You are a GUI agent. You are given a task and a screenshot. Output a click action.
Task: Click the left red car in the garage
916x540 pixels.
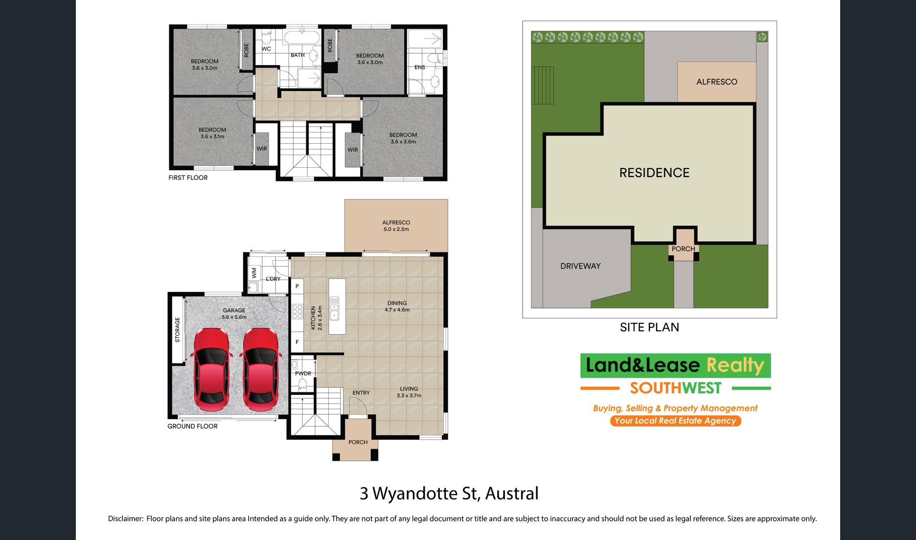(211, 370)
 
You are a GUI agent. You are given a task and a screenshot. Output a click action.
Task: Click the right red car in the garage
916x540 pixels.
(261, 370)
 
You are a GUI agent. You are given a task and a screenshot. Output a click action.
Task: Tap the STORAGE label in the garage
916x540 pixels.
(178, 330)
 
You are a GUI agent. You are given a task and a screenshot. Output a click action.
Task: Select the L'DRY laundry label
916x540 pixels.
(273, 279)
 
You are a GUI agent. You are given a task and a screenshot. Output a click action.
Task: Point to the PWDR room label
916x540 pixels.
(303, 374)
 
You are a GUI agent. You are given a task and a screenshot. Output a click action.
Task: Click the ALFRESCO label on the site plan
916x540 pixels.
(717, 82)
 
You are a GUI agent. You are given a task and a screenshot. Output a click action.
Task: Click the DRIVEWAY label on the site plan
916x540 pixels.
(580, 266)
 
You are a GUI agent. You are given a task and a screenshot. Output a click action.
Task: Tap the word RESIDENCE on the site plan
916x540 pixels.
(654, 173)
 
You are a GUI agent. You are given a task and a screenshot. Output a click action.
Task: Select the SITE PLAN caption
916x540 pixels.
(649, 327)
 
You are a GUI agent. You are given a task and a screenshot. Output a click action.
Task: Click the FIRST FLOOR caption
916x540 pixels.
(188, 178)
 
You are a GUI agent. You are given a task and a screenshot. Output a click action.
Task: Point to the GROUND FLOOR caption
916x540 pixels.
(192, 426)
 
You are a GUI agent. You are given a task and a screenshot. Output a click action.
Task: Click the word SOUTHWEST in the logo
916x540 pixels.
(675, 388)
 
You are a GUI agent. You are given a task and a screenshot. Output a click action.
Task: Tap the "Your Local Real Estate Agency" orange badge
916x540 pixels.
(675, 421)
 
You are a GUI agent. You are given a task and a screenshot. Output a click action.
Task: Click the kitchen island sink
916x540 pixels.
(334, 308)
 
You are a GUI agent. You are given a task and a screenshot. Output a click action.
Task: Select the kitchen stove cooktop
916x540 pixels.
(297, 311)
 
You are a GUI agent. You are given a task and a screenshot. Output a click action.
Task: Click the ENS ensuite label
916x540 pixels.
(420, 67)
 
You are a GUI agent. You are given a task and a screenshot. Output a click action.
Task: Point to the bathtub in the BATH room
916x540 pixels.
(302, 38)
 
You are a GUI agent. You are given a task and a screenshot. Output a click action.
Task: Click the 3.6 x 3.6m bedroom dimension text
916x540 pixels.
(403, 142)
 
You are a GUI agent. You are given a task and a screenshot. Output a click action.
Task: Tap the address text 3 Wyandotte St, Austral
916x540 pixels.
(449, 494)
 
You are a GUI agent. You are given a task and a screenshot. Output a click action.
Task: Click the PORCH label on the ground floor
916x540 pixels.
(358, 442)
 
